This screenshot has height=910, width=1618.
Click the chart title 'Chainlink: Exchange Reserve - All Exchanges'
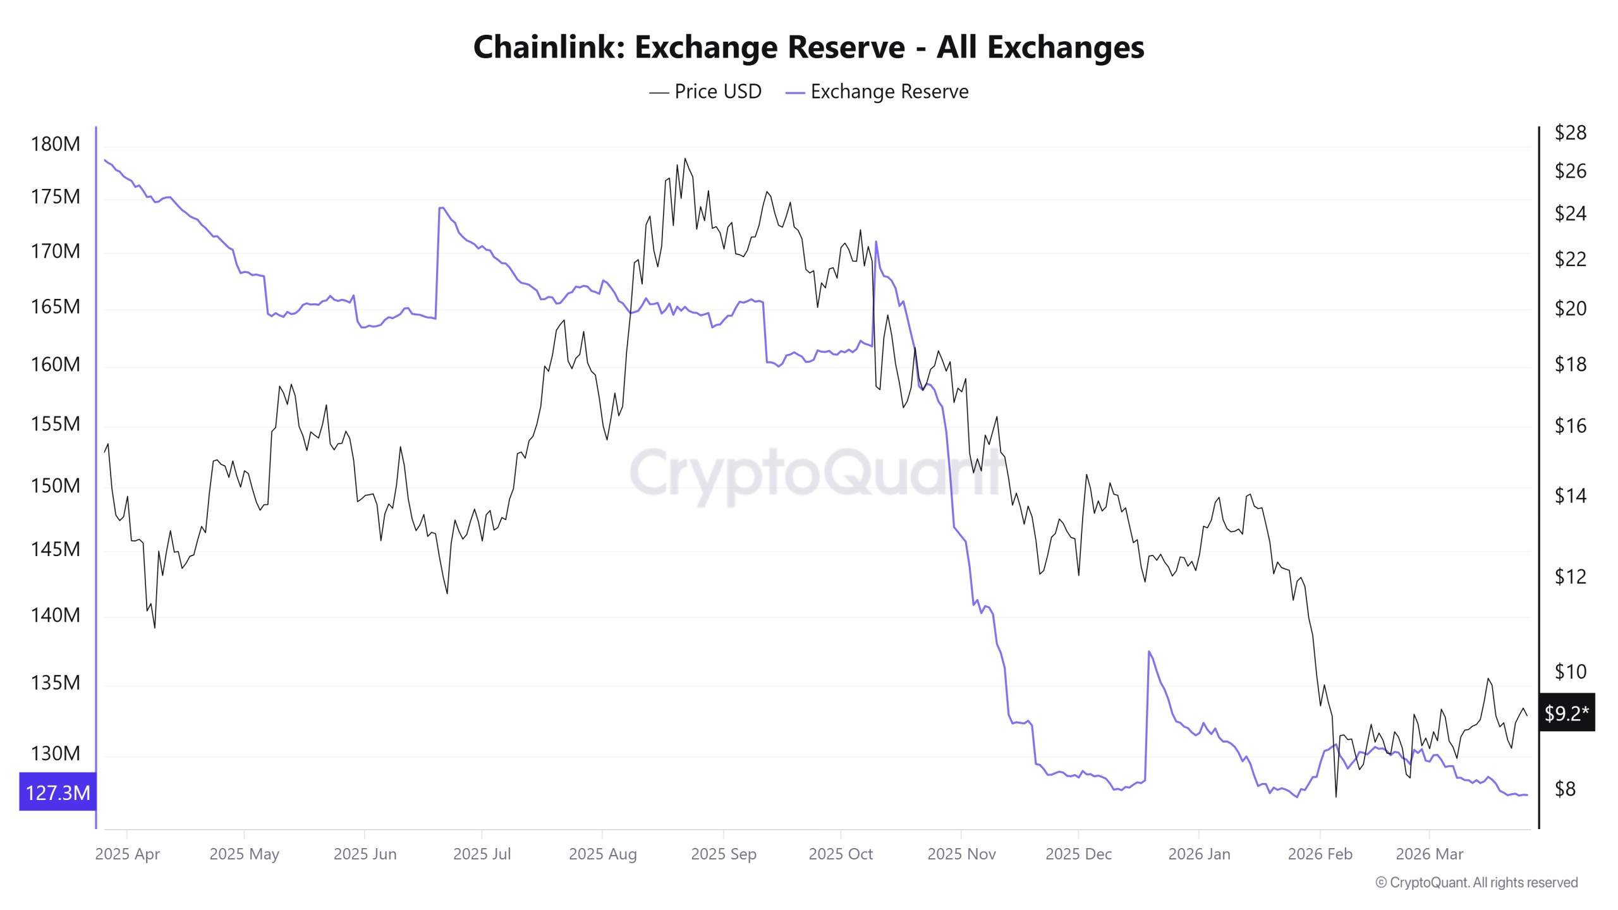[808, 47]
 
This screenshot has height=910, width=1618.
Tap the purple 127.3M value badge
[58, 792]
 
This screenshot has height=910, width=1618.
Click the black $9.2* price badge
[1566, 713]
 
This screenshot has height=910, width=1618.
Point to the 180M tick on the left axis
[56, 144]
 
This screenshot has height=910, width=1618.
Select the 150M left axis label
[56, 485]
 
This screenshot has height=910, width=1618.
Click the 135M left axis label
[56, 682]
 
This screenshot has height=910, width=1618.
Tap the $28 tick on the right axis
[1570, 133]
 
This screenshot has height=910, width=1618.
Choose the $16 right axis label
[1570, 426]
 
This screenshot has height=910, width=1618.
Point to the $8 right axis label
[1565, 789]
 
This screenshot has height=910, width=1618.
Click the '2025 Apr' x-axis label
[127, 854]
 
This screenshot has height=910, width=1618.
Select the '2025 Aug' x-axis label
[602, 854]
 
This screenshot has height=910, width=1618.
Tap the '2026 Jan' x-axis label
[1199, 854]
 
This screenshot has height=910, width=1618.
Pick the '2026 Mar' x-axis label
[1429, 854]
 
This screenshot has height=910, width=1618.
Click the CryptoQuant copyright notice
[1476, 882]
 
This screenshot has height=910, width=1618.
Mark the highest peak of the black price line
[684, 159]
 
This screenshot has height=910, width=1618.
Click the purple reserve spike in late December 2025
[1148, 652]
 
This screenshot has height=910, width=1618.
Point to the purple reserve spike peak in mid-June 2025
[441, 207]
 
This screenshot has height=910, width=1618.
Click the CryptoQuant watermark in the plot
[815, 474]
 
